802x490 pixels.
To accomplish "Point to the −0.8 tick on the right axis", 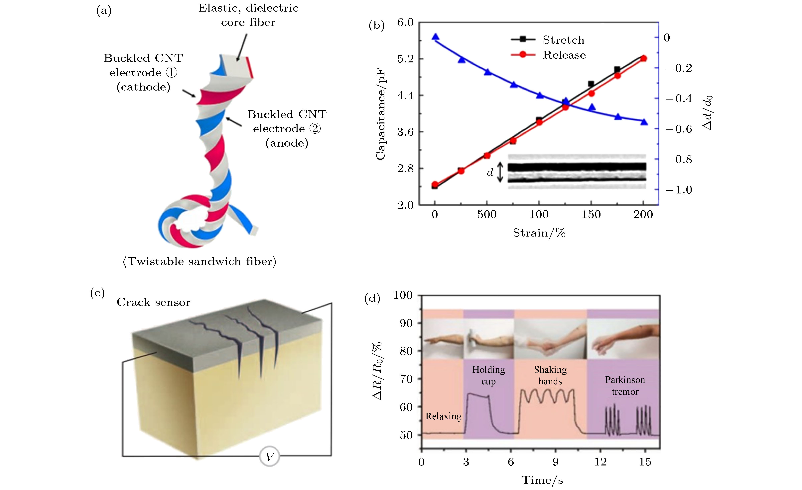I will (679, 159).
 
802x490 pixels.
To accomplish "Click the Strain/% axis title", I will (539, 233).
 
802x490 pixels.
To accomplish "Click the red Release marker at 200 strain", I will (643, 58).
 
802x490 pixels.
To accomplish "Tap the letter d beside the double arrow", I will (490, 172).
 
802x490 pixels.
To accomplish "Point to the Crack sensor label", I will (153, 302).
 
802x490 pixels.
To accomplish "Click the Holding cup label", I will (488, 375).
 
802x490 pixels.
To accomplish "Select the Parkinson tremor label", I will (625, 386).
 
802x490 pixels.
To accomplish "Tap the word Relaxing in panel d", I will (443, 416).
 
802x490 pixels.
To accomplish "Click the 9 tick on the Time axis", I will (556, 462).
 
